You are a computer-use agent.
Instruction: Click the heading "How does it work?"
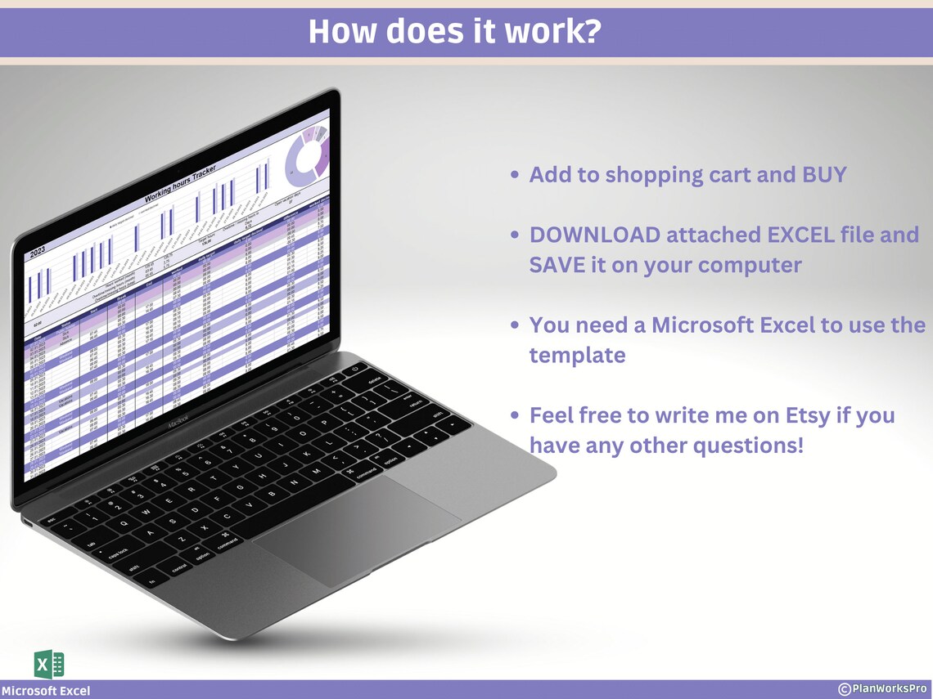tap(455, 32)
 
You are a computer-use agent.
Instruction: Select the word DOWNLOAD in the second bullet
tap(594, 235)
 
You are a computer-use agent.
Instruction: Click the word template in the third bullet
tap(577, 356)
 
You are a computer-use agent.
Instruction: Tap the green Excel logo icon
tap(49, 663)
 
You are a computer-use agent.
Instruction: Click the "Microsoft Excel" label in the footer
tap(46, 691)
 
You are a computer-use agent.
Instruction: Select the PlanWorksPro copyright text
tap(882, 689)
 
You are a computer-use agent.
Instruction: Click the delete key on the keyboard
tap(374, 380)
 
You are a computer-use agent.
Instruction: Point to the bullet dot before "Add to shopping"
tap(514, 176)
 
